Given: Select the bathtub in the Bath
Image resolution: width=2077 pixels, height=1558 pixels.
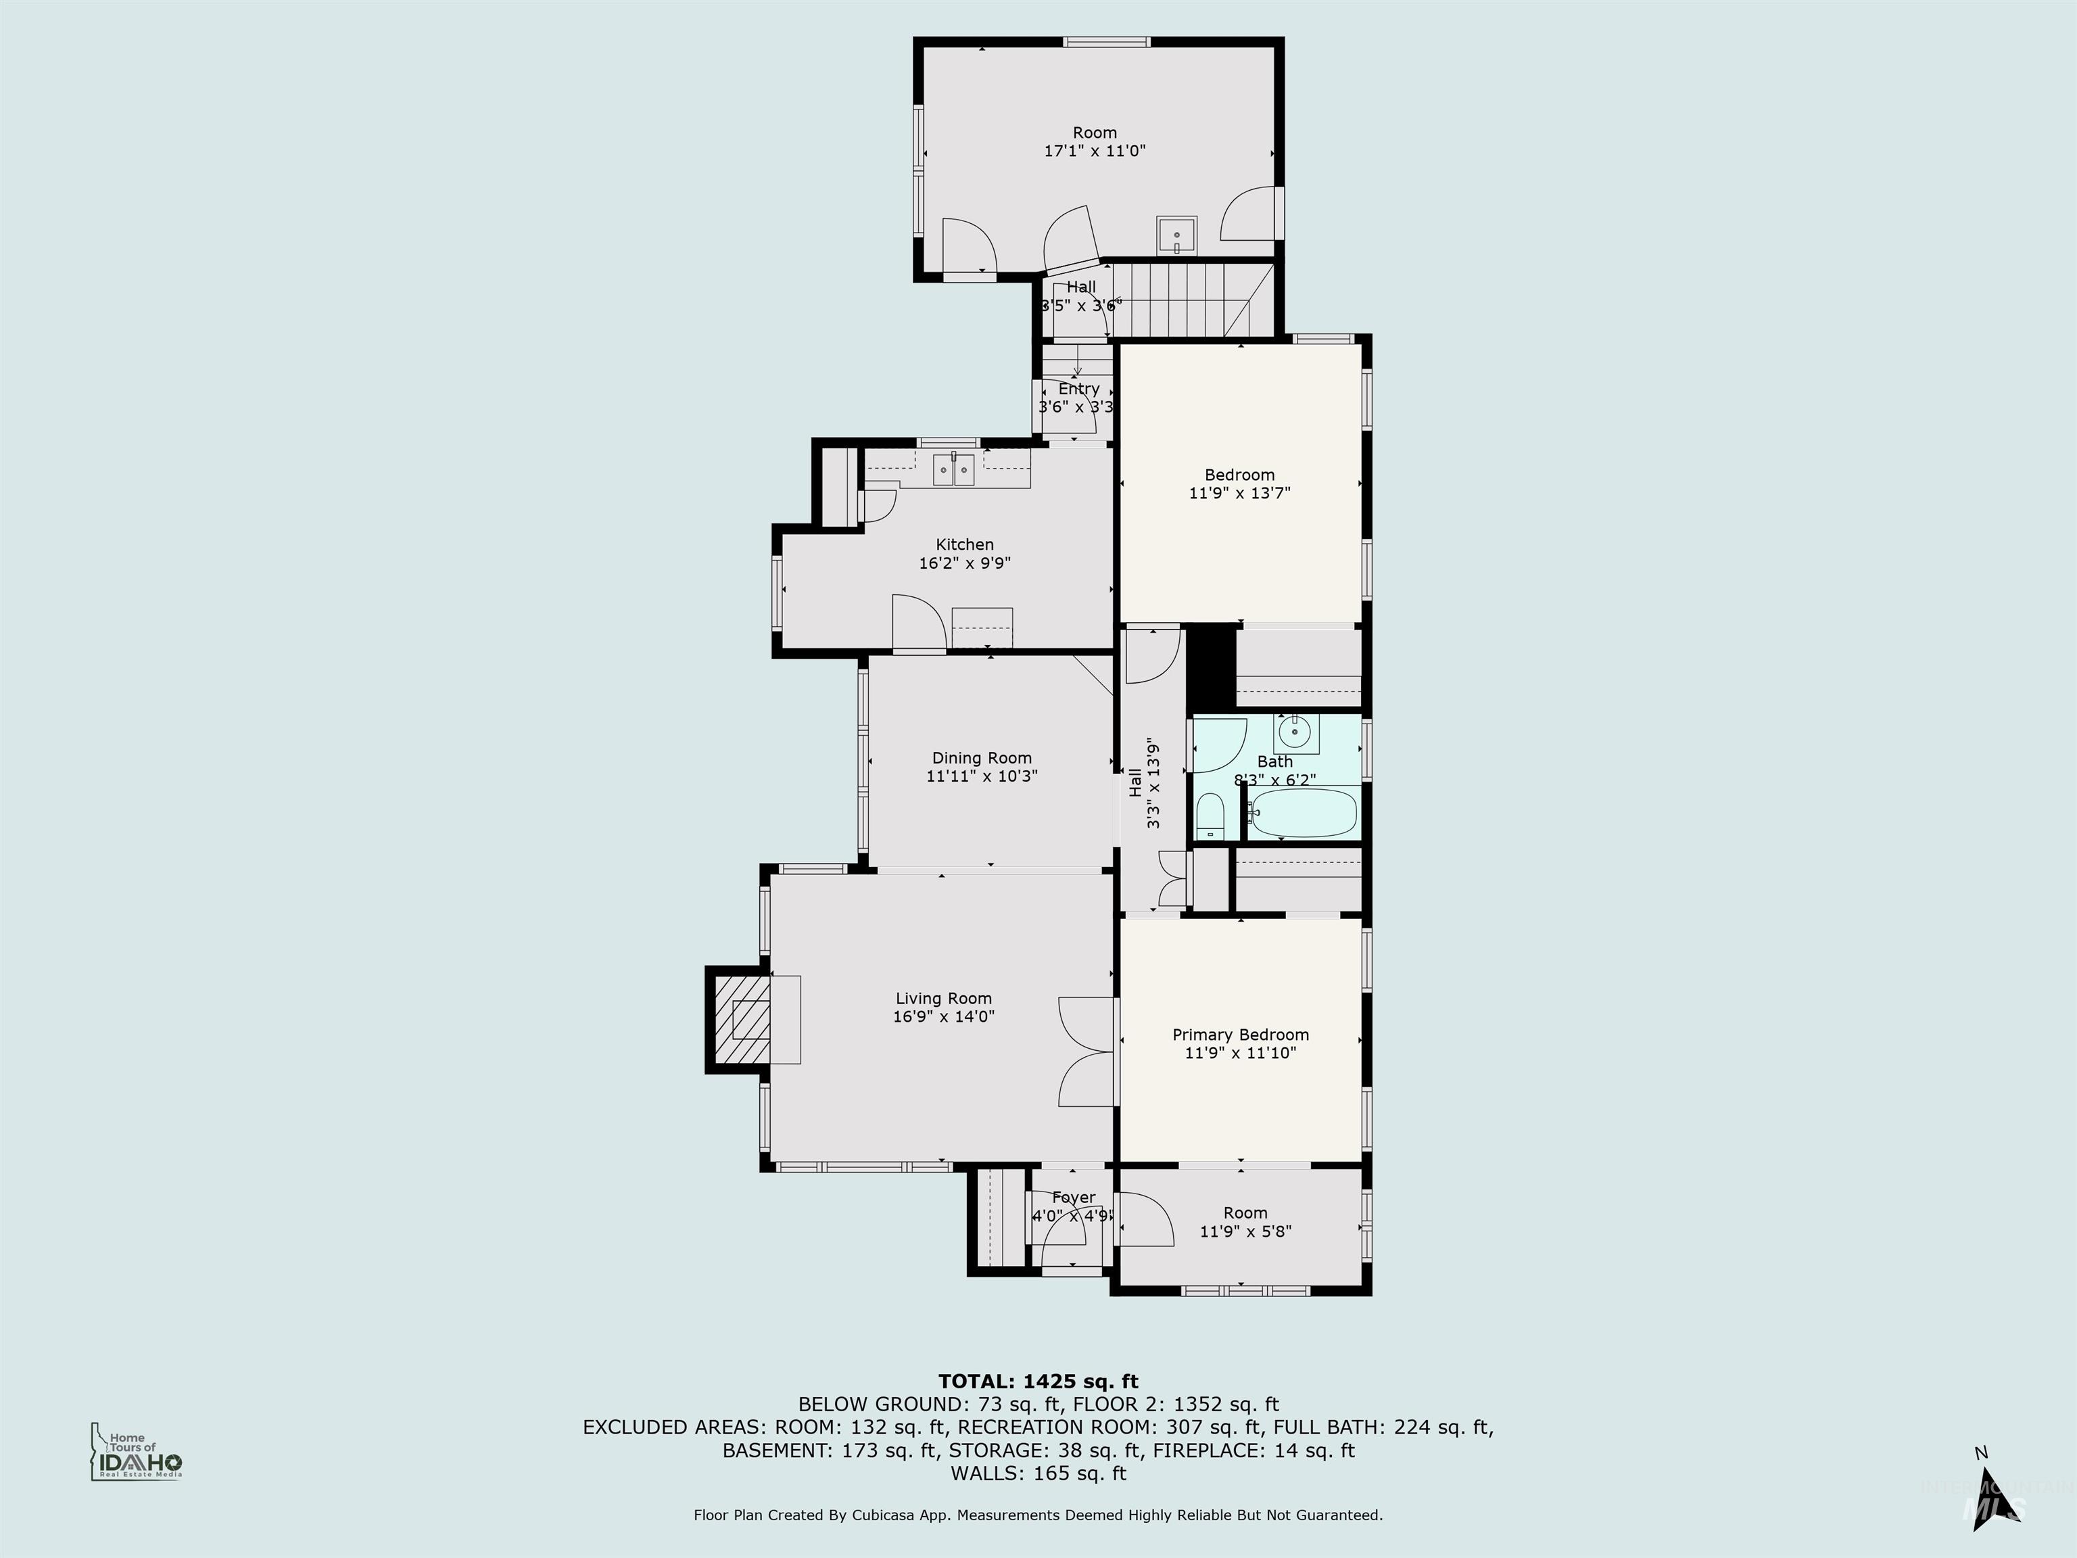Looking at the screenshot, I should [1305, 813].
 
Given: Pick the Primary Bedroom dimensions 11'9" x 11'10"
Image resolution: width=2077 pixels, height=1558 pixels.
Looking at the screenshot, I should [1241, 1053].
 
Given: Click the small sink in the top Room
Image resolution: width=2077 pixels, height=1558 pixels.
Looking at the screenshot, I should [1176, 235].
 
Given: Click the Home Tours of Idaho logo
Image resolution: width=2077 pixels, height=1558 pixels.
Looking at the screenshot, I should [136, 1455].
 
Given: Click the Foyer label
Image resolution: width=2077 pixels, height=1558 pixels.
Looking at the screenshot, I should [1073, 1198].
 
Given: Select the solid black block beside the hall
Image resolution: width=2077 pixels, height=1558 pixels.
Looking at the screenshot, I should [1210, 667].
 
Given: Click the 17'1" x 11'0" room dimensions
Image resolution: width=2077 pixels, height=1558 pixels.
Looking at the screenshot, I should [1095, 150].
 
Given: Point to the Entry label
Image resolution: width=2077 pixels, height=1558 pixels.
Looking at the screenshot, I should [1079, 389].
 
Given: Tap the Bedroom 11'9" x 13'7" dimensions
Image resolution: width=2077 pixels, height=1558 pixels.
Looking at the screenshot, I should [1239, 492].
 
